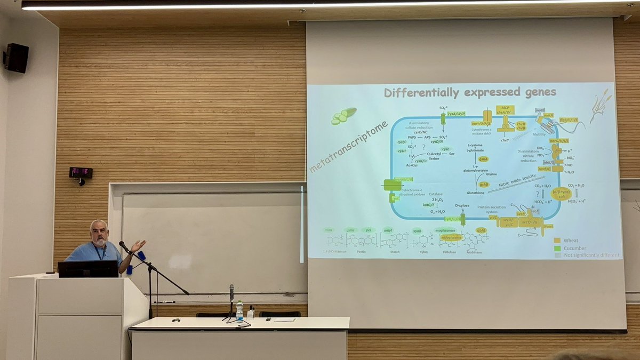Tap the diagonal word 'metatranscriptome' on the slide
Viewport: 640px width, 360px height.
(x=348, y=147)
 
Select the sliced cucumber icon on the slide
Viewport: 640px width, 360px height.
(x=343, y=116)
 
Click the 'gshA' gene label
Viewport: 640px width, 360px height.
(x=483, y=159)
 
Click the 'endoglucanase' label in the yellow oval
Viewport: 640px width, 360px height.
(x=451, y=238)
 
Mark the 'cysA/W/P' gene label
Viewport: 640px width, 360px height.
(x=457, y=114)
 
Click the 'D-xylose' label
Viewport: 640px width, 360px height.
(x=462, y=205)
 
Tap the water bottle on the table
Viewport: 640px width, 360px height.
(x=239, y=310)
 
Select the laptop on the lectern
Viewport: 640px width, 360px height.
(x=88, y=269)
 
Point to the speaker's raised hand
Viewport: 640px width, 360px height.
(x=138, y=245)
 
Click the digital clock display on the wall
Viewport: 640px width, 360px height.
(x=81, y=173)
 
